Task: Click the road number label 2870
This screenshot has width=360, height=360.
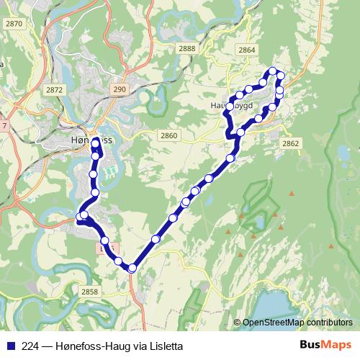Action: (x=13, y=24)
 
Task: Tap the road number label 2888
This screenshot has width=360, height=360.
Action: (x=187, y=49)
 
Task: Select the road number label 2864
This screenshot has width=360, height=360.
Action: (x=246, y=50)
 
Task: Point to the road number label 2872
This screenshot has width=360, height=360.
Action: (x=53, y=90)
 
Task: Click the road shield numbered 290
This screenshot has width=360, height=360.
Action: (x=120, y=89)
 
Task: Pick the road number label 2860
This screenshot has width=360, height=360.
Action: (x=168, y=135)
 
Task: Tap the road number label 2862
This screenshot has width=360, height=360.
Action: (x=291, y=144)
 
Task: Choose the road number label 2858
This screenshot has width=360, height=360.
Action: (x=89, y=292)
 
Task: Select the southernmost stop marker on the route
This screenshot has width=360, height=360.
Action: (x=132, y=269)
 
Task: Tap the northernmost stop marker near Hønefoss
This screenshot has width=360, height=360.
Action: (x=96, y=143)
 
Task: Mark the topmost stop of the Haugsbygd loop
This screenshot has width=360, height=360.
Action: (x=273, y=71)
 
